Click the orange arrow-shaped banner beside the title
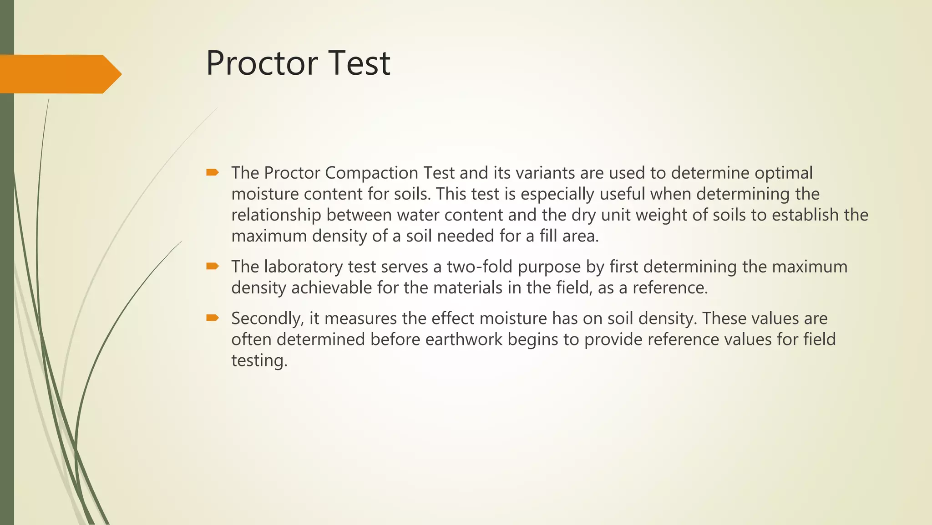tap(59, 74)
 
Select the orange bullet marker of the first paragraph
tap(213, 172)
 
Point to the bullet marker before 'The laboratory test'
tap(213, 266)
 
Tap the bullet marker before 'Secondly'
tap(213, 318)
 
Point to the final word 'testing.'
tap(259, 360)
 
